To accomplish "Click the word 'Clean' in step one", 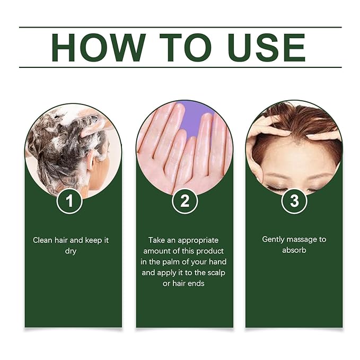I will point(43,240).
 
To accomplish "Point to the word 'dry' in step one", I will point(71,251).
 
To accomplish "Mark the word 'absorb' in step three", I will point(294,250).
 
